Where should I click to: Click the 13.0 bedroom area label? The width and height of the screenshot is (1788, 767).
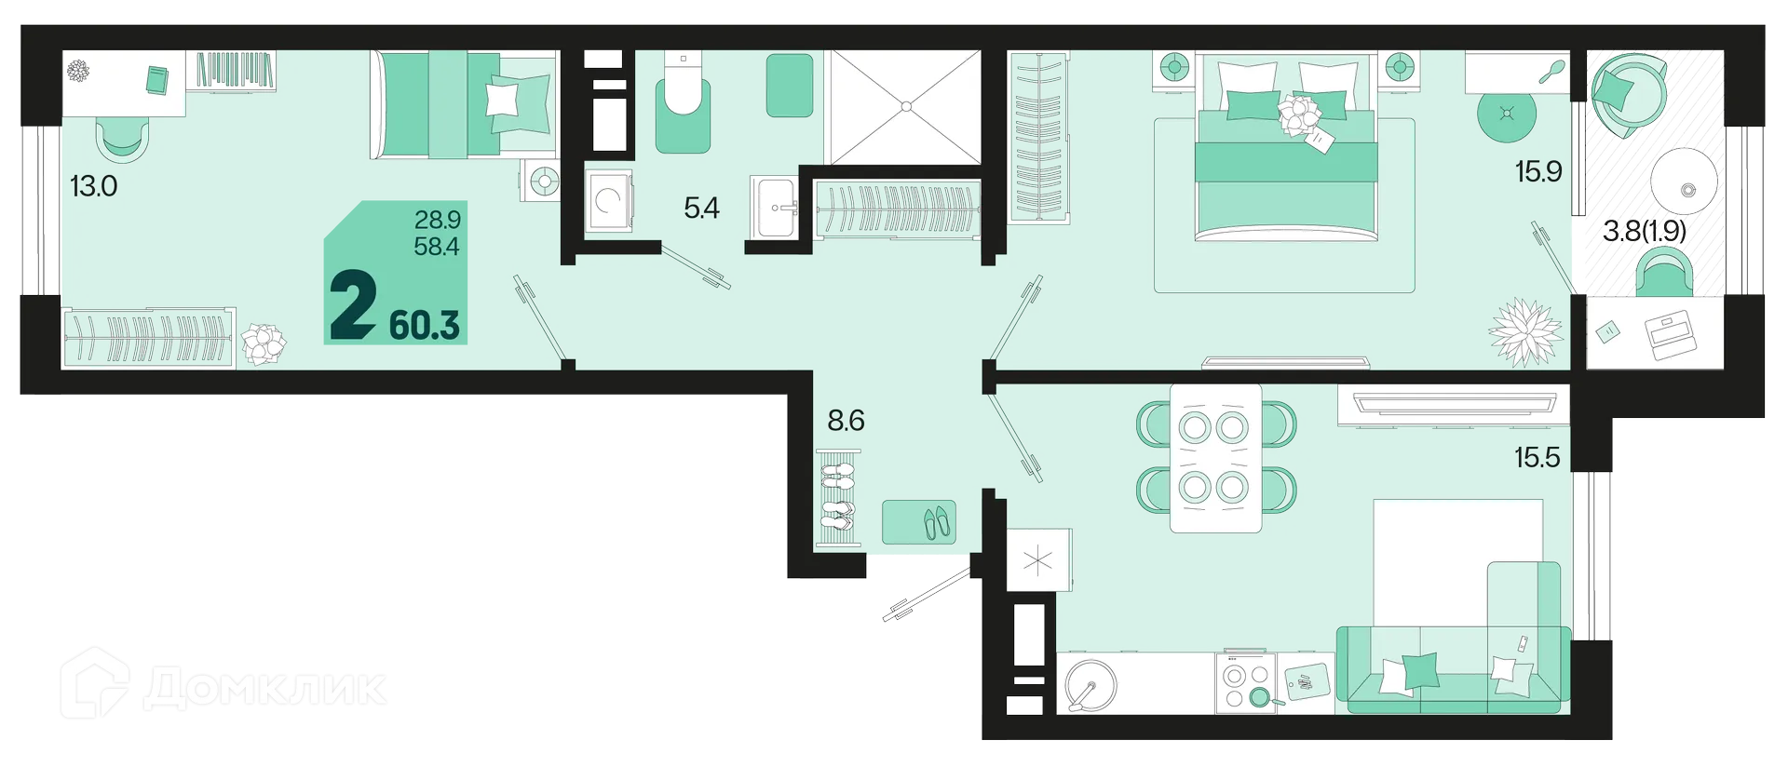coord(94,186)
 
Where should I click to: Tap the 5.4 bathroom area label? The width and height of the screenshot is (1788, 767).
coord(701,208)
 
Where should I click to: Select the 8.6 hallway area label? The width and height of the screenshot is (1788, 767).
coord(846,421)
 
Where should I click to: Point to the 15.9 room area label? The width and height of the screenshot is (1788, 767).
coord(1538,171)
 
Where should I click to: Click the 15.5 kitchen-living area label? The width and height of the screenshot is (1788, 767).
coord(1537,457)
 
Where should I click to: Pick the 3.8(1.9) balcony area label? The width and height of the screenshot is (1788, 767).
coord(1645,230)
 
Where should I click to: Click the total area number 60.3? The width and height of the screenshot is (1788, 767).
coord(425,325)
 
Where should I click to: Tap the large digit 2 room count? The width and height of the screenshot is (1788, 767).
coord(353,305)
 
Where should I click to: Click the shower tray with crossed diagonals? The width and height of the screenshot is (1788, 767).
coord(905,107)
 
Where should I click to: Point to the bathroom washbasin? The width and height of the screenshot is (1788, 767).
coord(776,209)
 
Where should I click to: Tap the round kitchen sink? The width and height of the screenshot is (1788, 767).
coord(1090,685)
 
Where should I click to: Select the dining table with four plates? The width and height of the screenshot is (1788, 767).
coord(1215,457)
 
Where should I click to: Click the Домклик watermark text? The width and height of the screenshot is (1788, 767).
coord(264,689)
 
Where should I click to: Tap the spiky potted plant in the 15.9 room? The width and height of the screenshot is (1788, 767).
coord(1525,331)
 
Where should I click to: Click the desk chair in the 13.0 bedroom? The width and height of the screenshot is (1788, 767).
coord(122,141)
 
